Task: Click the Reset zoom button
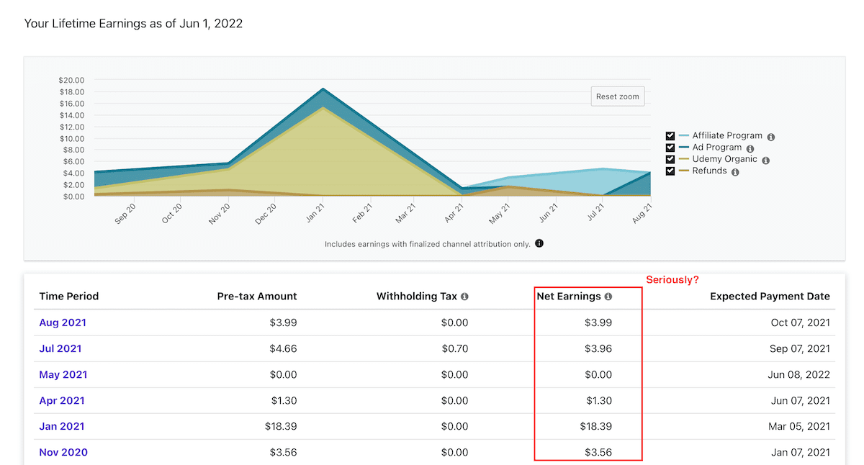[617, 96]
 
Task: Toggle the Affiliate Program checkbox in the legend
[670, 136]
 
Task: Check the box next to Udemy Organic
[670, 159]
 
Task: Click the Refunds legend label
[709, 171]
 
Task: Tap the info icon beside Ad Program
[750, 148]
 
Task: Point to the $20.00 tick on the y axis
[71, 80]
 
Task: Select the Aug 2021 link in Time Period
[62, 322]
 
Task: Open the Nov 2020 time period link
[63, 452]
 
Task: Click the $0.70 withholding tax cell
[454, 348]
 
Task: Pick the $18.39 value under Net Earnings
[595, 426]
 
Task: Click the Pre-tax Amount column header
[257, 296]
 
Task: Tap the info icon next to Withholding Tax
[464, 297]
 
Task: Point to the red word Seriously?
[672, 279]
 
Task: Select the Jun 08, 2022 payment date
[800, 374]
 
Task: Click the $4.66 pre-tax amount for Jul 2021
[283, 348]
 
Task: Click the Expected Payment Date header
[770, 296]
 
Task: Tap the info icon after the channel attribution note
[539, 243]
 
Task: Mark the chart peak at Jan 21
[323, 89]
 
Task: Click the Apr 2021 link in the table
[62, 400]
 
